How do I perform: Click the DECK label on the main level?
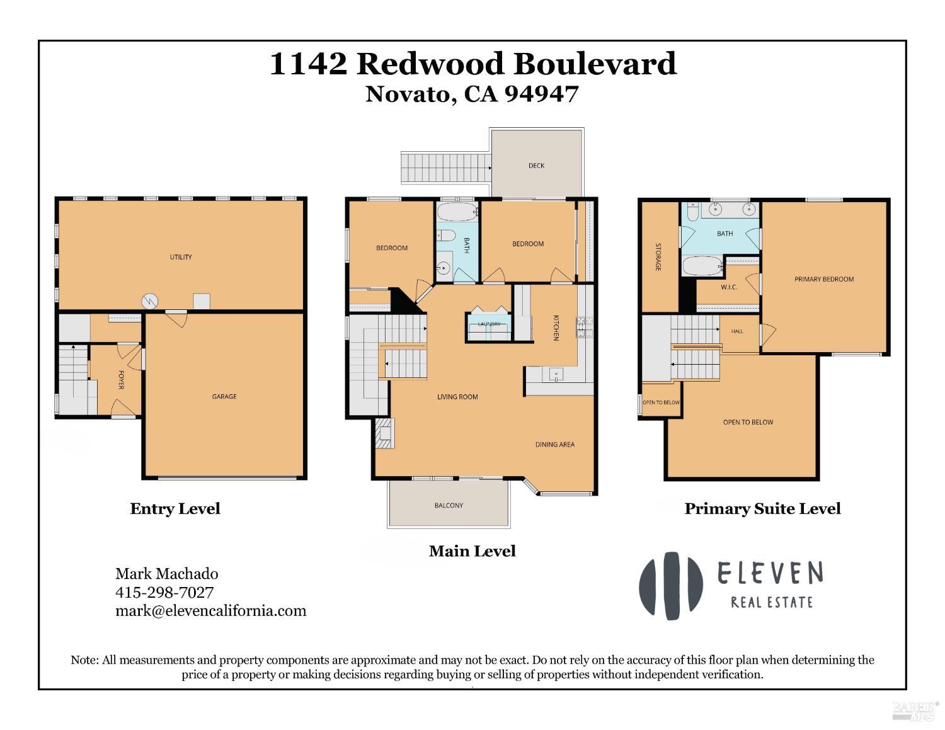point(536,166)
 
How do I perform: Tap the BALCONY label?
point(449,505)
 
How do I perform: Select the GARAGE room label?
point(224,397)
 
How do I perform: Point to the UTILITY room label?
point(181,257)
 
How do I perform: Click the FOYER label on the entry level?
point(122,380)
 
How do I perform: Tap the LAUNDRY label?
point(490,324)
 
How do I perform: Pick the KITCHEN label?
point(556,328)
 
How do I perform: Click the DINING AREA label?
point(555,444)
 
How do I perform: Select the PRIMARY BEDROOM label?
point(824,279)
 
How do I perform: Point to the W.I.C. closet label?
point(729,287)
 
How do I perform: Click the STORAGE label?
point(658,257)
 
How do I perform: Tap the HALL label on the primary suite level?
point(737,331)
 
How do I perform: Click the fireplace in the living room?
point(385,433)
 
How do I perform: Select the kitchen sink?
point(556,374)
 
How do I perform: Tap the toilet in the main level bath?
point(445,236)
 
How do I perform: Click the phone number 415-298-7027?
point(164,592)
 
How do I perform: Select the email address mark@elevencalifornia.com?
point(211,610)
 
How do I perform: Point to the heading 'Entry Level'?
point(175,509)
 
